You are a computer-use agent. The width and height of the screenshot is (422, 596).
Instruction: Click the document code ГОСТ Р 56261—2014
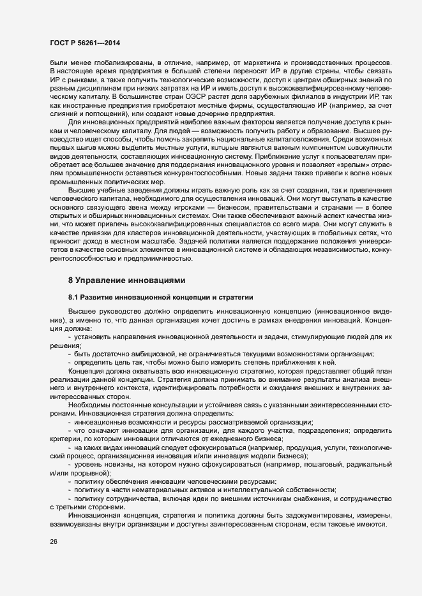pos(83,42)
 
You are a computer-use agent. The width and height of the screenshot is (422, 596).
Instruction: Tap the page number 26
pos(54,542)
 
